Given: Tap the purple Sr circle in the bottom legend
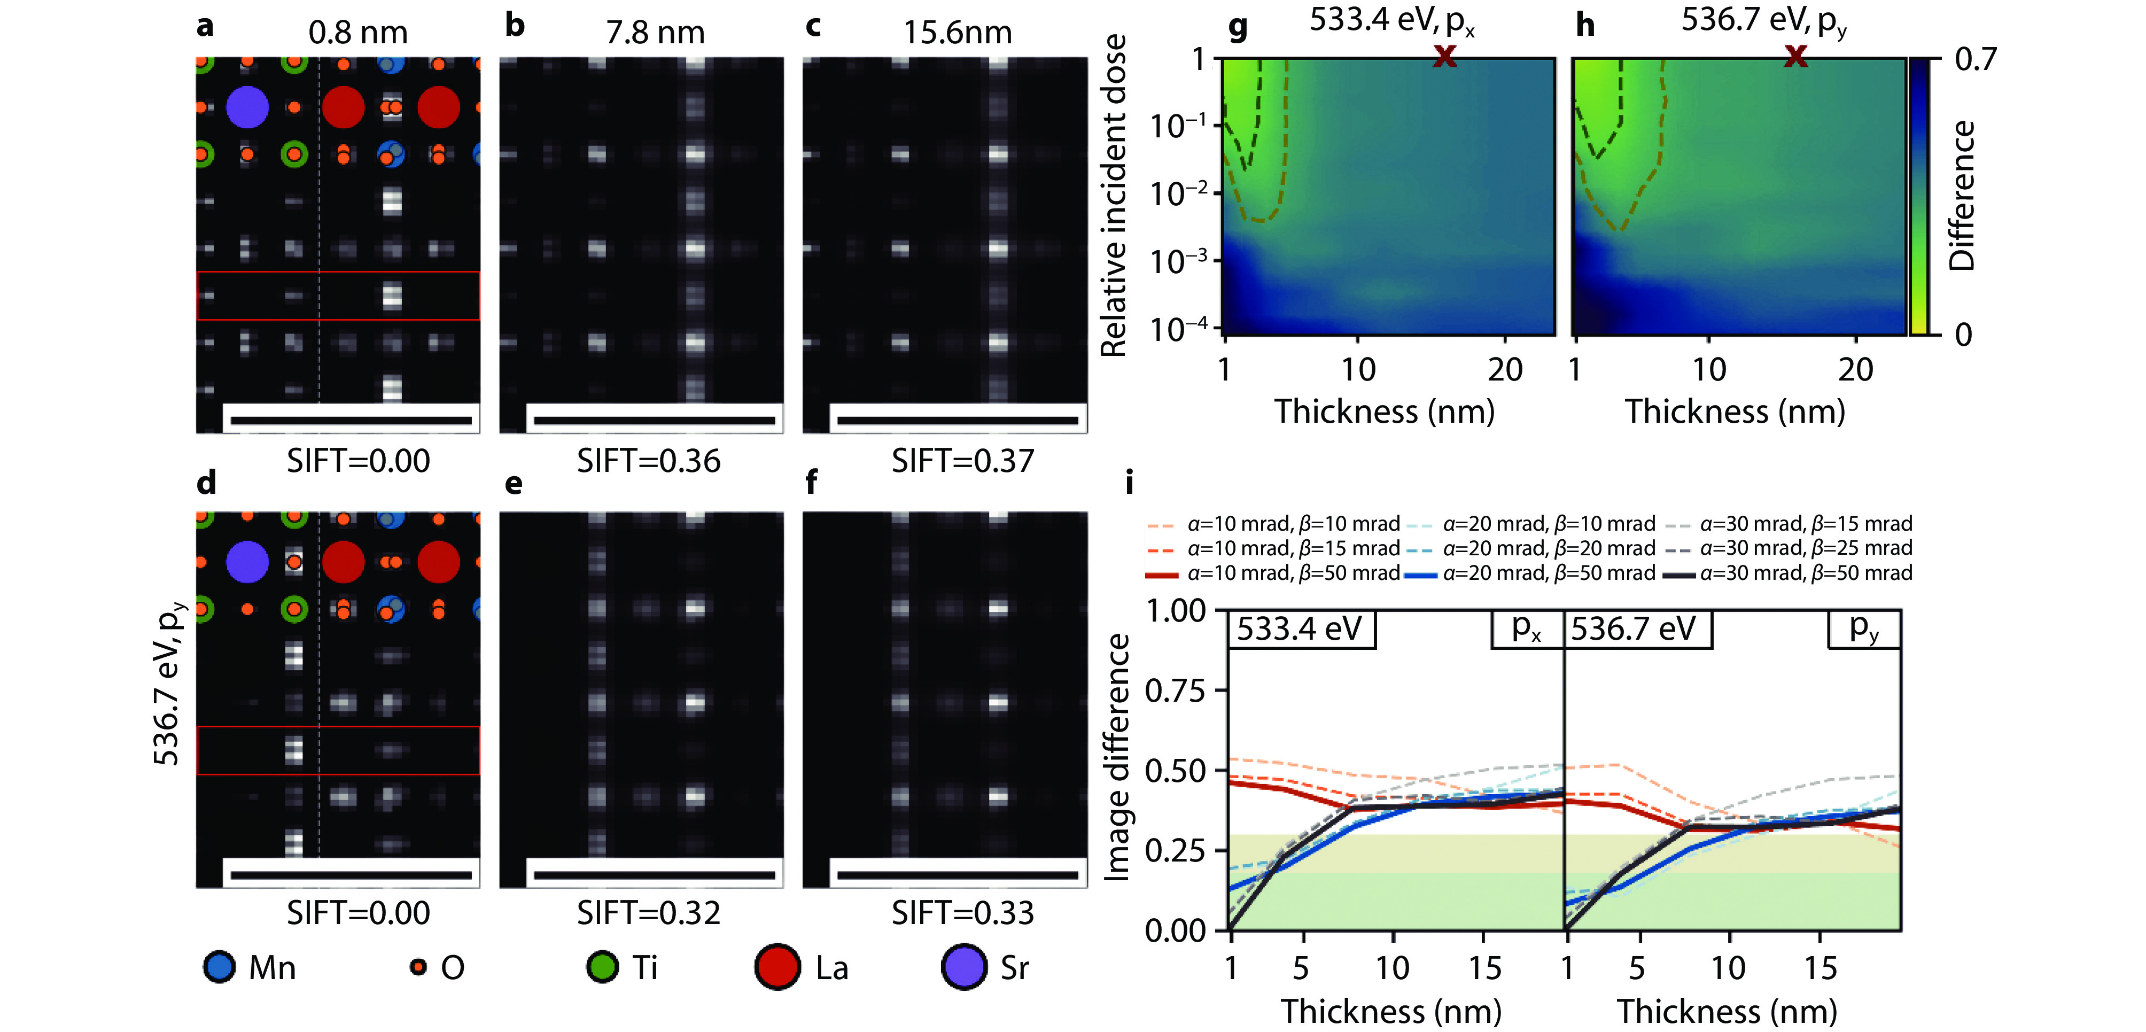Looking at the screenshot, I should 964,967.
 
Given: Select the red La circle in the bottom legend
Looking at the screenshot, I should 777,967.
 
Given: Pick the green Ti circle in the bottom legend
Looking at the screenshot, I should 602,967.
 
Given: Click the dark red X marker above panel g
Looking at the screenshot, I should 1444,57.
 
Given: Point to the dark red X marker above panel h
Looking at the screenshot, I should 1796,57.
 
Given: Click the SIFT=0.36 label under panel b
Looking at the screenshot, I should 648,461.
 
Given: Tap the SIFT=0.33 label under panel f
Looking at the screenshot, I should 962,913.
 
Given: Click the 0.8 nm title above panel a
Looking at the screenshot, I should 357,33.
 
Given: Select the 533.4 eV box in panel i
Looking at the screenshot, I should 1300,629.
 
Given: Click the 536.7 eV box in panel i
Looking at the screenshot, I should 1635,629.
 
